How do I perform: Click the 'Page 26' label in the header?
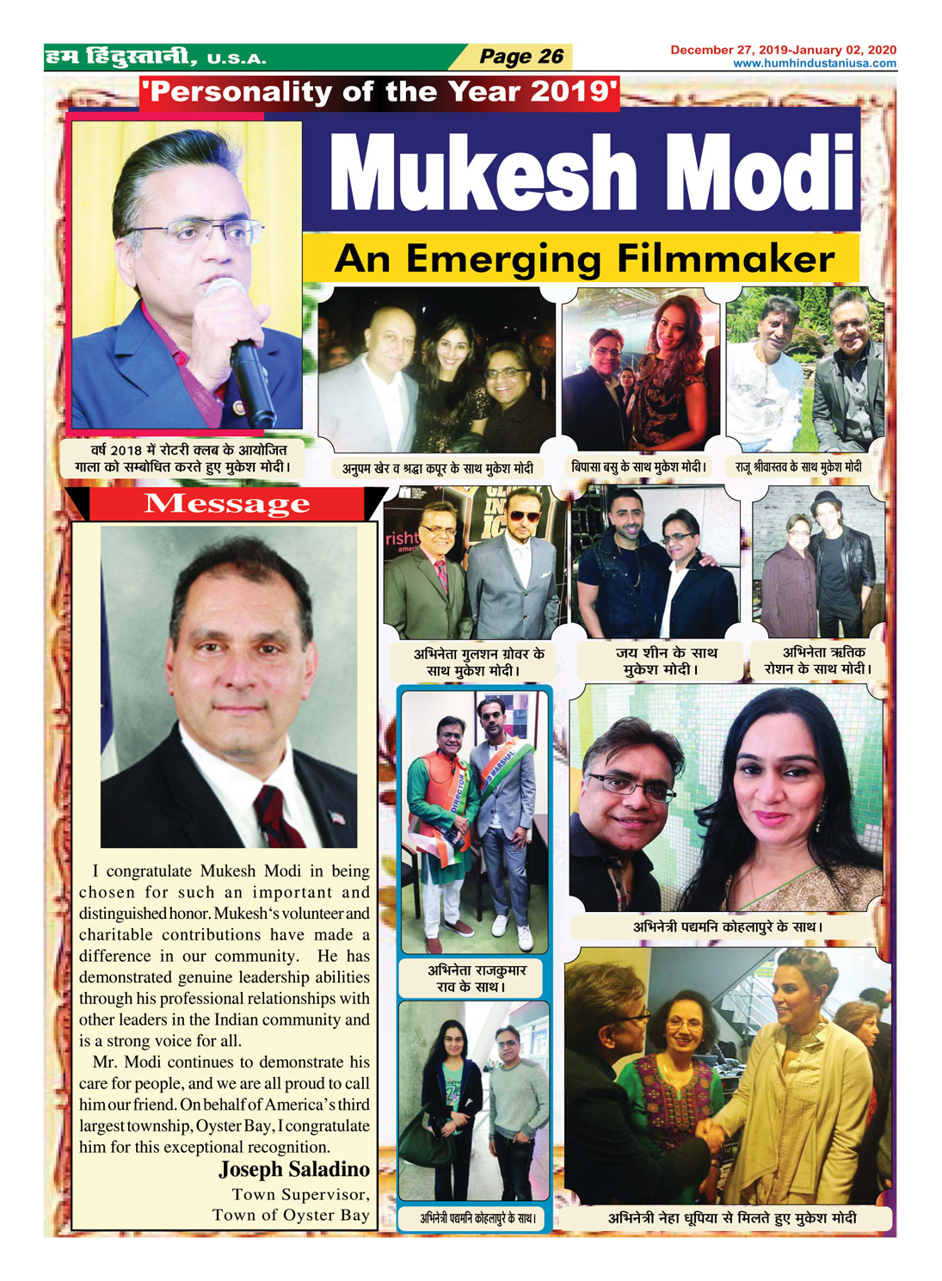click(x=520, y=57)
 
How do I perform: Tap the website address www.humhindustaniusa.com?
click(x=814, y=64)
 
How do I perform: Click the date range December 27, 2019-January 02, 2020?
click(x=783, y=50)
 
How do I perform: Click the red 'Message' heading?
click(x=226, y=503)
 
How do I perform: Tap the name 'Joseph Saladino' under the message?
click(x=294, y=1169)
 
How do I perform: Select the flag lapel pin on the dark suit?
click(x=337, y=816)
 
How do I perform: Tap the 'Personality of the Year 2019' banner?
click(x=379, y=92)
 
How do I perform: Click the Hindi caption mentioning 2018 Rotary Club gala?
click(x=188, y=459)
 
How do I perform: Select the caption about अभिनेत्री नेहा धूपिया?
click(x=731, y=1218)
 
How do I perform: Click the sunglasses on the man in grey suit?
click(x=522, y=516)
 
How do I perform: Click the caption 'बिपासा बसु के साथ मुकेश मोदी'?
click(x=638, y=467)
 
